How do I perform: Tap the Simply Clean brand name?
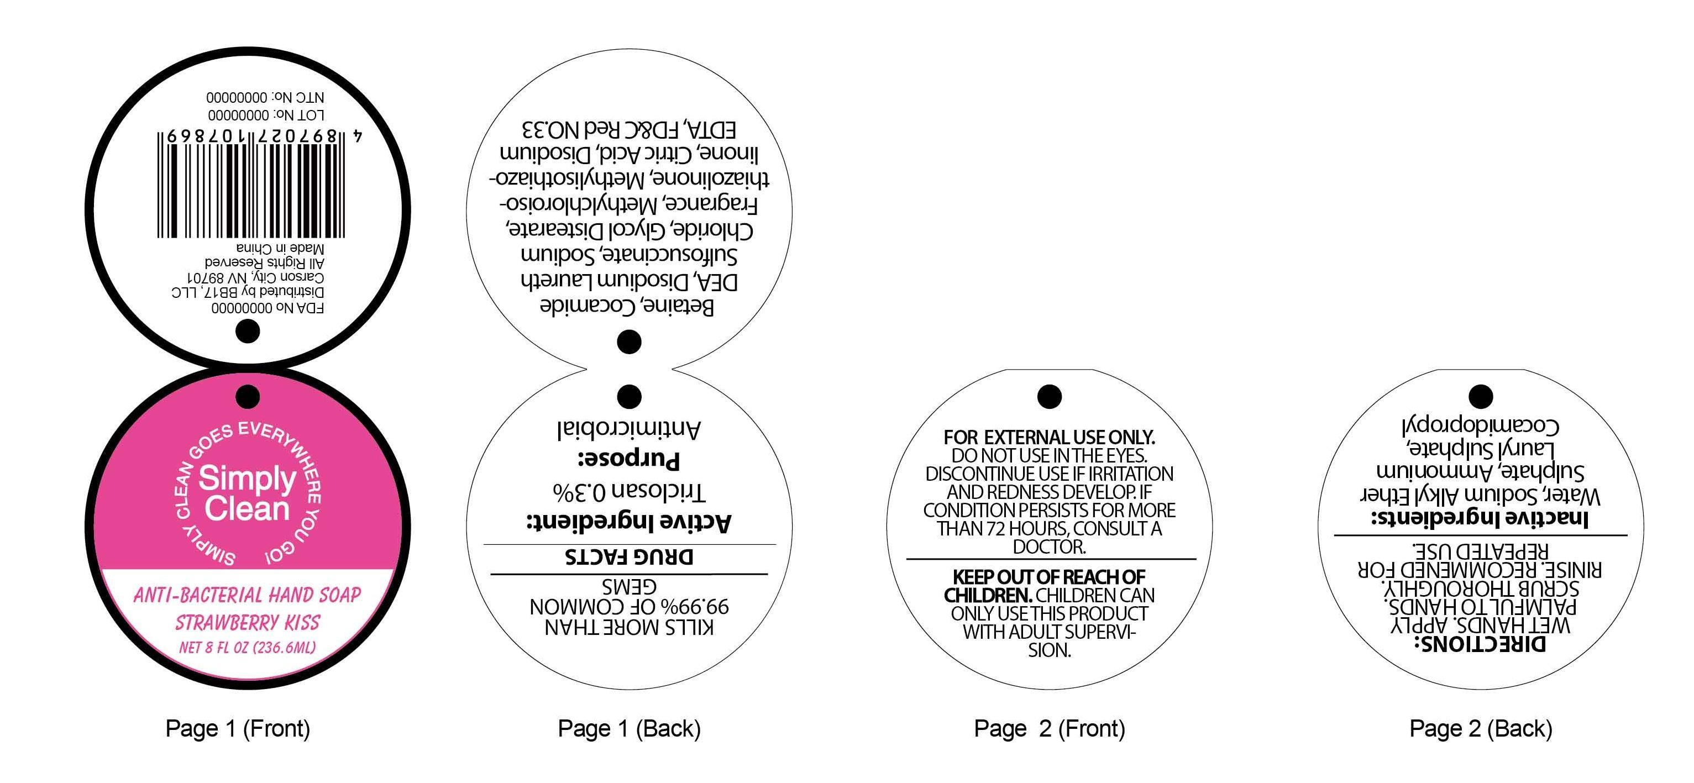click(x=247, y=493)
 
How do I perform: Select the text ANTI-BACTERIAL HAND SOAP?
click(x=247, y=595)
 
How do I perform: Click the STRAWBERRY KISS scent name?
click(x=247, y=622)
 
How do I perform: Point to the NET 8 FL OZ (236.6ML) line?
click(x=247, y=648)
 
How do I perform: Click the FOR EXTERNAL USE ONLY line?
click(x=1049, y=437)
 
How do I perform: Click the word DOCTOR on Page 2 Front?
click(x=1049, y=547)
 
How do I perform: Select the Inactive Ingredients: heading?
click(x=1480, y=519)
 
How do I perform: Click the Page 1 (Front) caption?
click(x=238, y=728)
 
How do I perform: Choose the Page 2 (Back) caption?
click(x=1480, y=728)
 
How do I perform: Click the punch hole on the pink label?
click(x=248, y=396)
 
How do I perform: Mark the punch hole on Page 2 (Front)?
click(x=1050, y=396)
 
